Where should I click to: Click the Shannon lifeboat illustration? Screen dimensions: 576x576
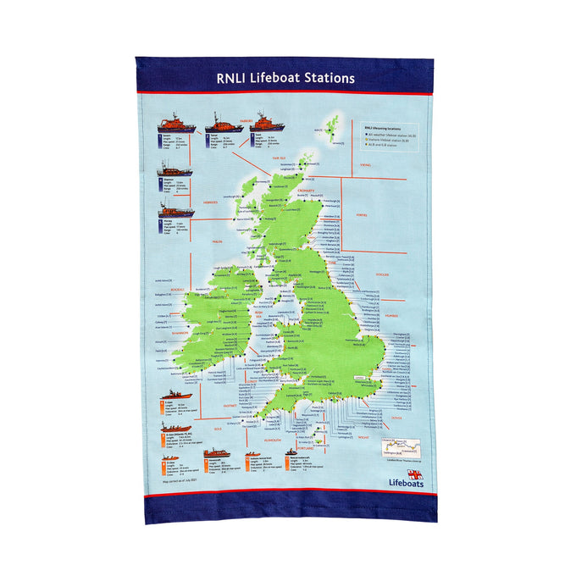[175, 169]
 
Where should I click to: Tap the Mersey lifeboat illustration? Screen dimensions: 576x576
[175, 208]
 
